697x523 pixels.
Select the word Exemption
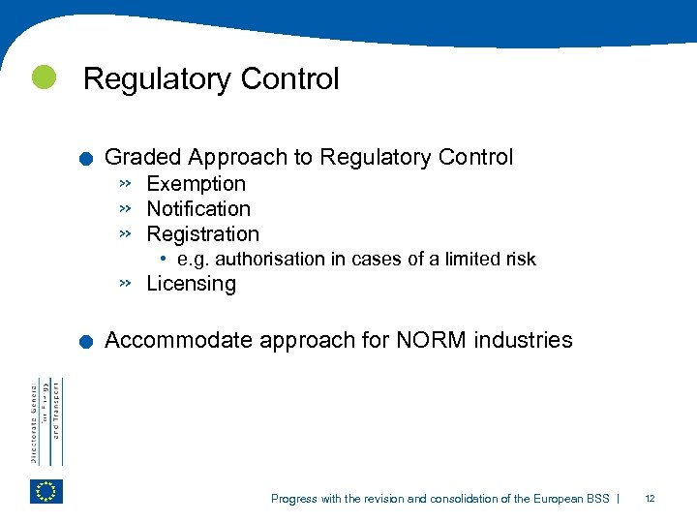(196, 184)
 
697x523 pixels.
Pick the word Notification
(198, 209)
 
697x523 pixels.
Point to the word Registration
(202, 234)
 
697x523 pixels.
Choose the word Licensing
(191, 284)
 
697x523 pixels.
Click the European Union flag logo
(46, 491)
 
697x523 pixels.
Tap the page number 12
(650, 499)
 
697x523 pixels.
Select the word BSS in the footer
(597, 499)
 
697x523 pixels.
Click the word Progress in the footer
(293, 499)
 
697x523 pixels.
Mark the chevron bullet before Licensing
(125, 284)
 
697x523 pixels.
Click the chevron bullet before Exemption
(125, 183)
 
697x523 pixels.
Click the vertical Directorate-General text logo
(45, 421)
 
